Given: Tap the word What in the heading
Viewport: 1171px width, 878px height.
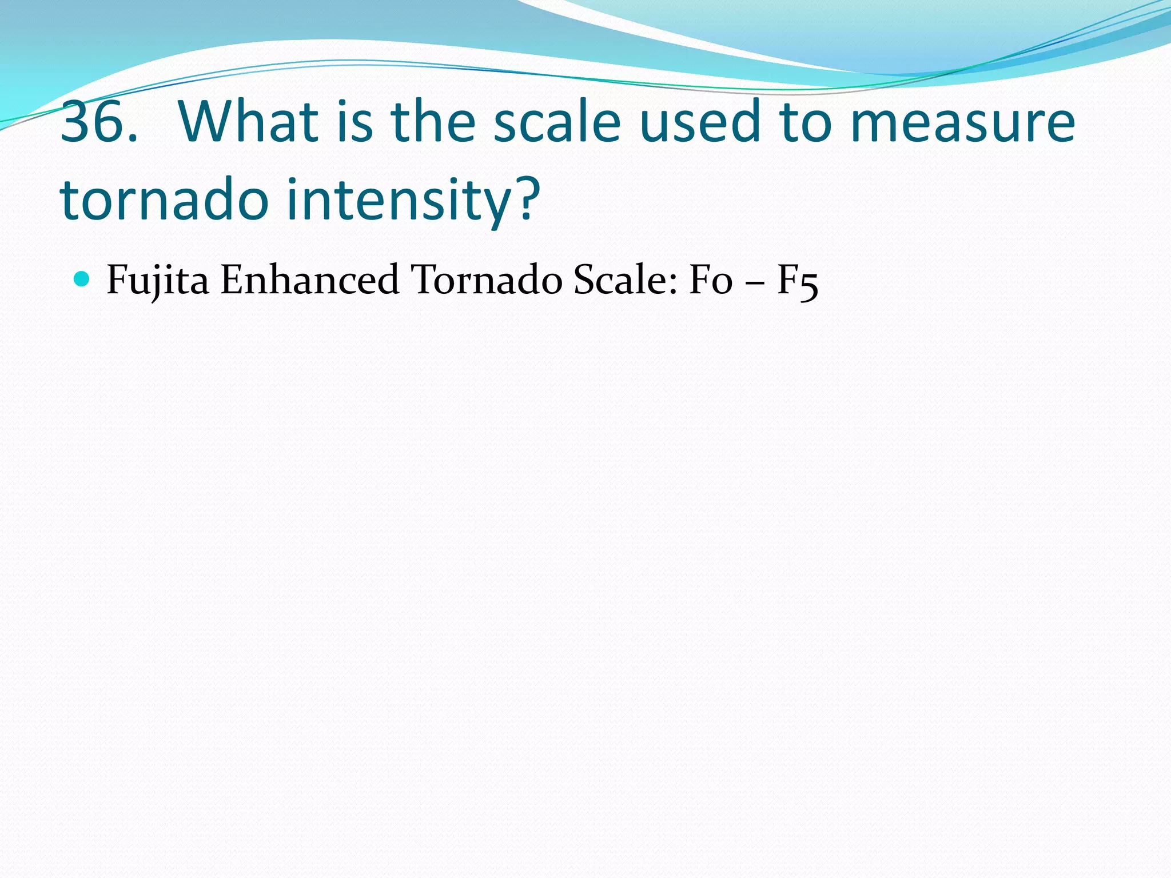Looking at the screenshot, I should [x=249, y=122].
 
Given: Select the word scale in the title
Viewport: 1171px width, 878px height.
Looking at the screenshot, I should [x=557, y=122].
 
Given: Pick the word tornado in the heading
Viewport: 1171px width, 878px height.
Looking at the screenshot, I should [x=164, y=199].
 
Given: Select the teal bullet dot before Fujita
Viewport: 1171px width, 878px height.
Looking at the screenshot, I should [x=82, y=279].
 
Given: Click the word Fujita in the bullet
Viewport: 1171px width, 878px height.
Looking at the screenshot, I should [x=158, y=280].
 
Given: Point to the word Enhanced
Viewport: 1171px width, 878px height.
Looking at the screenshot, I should [x=309, y=280].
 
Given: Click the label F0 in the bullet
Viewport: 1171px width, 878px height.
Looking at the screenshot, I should [x=711, y=280].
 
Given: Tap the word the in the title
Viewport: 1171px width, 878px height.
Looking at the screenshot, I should [x=432, y=122].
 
